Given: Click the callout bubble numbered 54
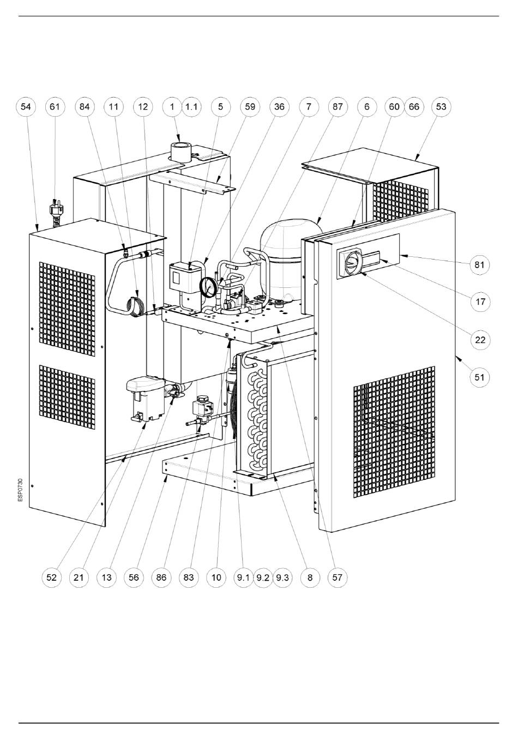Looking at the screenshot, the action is [x=26, y=107].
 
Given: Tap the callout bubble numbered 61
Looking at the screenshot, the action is [x=55, y=107].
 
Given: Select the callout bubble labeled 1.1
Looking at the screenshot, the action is [x=191, y=107].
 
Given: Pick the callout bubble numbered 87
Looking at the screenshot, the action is [x=338, y=107].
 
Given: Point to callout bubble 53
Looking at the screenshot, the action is [x=441, y=107].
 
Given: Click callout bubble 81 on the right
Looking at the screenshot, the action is [x=480, y=264].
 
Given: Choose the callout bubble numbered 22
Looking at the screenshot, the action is [x=480, y=340].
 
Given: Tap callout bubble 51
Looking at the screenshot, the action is [x=479, y=377].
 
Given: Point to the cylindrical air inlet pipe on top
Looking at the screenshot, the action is [x=180, y=152].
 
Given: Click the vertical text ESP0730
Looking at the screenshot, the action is [x=21, y=490].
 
